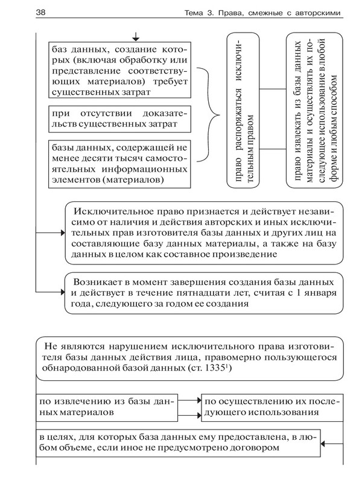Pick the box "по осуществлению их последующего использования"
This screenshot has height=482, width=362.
tap(269, 407)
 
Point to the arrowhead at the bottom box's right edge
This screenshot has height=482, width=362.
tap(329, 443)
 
